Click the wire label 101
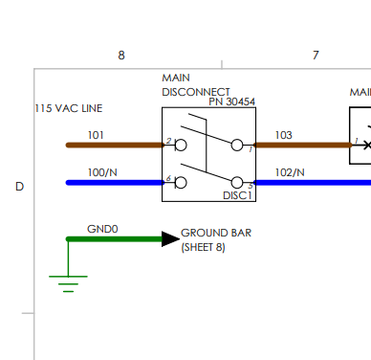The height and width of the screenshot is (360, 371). click(96, 135)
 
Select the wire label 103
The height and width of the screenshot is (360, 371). click(283, 135)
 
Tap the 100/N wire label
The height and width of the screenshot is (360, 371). click(102, 172)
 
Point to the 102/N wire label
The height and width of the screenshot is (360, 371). click(290, 172)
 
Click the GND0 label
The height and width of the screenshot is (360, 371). click(102, 229)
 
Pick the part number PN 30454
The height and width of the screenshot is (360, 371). click(232, 101)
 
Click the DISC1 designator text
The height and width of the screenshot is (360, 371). click(237, 195)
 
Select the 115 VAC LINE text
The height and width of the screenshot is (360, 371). click(69, 108)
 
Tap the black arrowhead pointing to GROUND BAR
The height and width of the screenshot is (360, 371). click(170, 239)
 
